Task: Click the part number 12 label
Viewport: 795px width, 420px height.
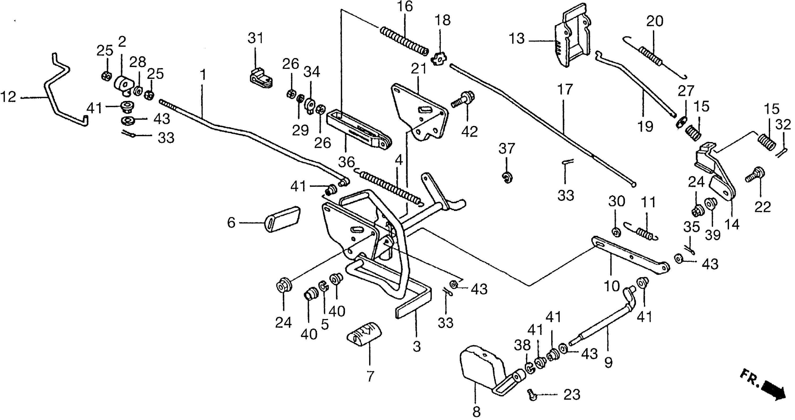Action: pyautogui.click(x=8, y=98)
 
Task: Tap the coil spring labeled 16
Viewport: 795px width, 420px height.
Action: pyautogui.click(x=405, y=41)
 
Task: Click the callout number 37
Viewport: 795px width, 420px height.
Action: pyautogui.click(x=506, y=149)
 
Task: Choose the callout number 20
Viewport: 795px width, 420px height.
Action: pyautogui.click(x=655, y=21)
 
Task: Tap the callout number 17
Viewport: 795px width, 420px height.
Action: pyautogui.click(x=565, y=90)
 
